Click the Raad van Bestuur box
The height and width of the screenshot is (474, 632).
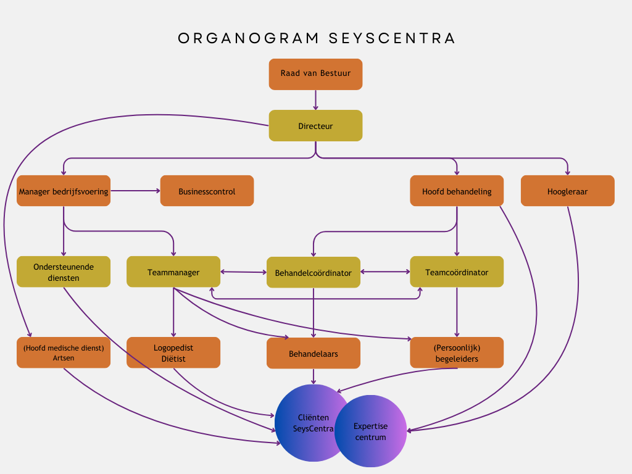(315, 74)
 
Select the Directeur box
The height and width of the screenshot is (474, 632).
(315, 126)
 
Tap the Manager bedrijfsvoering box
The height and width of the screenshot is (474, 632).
(64, 191)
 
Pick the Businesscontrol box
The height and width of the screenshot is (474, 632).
(207, 191)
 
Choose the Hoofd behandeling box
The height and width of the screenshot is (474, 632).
(457, 191)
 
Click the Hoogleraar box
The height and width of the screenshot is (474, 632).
(567, 191)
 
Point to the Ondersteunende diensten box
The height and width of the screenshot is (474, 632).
(64, 272)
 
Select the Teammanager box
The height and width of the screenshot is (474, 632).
(173, 272)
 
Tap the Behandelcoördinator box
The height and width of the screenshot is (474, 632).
(314, 273)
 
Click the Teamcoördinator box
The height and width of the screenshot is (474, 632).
(457, 272)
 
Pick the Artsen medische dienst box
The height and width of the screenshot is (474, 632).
(64, 353)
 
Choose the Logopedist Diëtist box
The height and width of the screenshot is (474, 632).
(173, 353)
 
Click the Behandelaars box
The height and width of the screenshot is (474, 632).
(314, 354)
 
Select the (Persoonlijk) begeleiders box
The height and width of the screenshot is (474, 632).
(457, 353)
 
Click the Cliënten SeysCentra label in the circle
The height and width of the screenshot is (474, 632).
(313, 423)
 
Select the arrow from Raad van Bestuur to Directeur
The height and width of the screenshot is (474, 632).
(315, 100)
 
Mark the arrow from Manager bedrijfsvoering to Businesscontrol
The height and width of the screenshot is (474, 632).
(135, 191)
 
